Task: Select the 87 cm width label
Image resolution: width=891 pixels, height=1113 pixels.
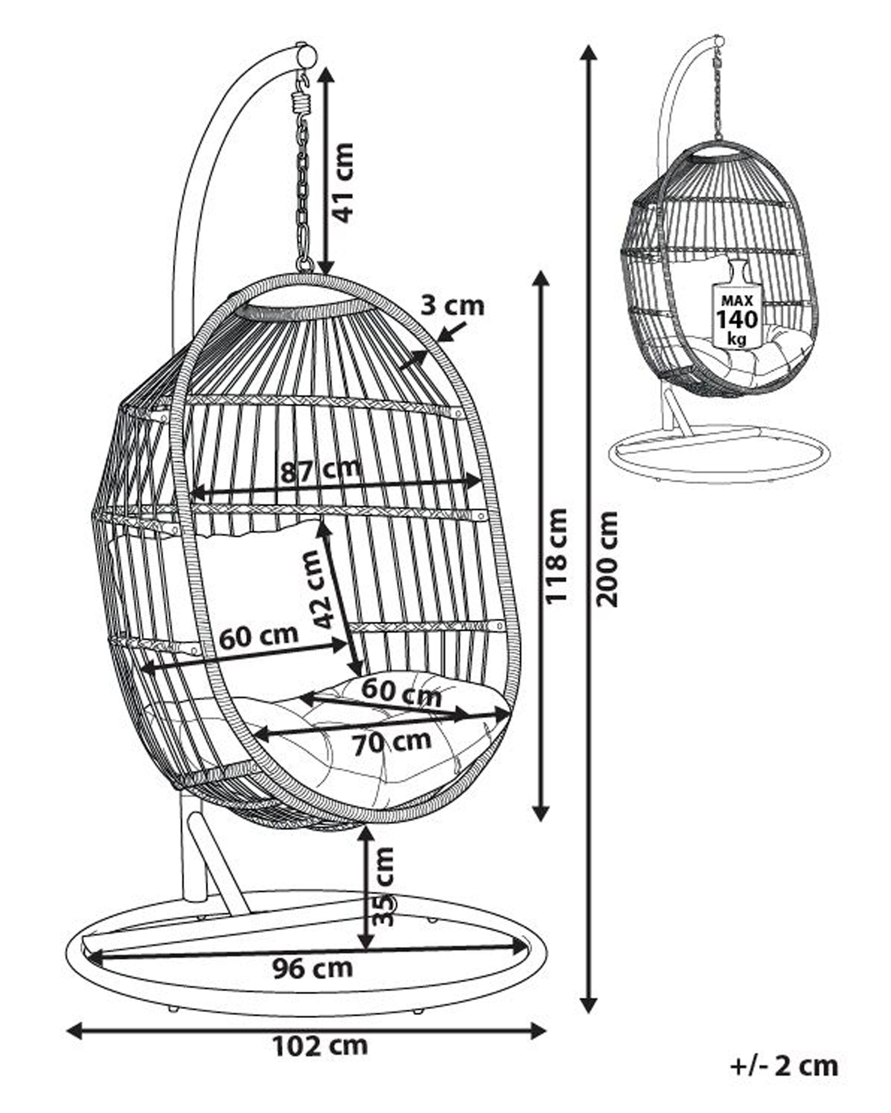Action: coord(320,470)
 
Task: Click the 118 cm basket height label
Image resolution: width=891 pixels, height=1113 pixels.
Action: coord(557,555)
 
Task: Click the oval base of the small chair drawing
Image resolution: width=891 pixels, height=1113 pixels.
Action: coord(721,454)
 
